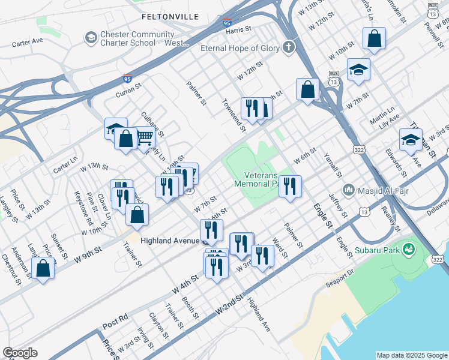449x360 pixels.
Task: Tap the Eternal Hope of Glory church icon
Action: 289,47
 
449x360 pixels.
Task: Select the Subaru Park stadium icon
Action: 409,248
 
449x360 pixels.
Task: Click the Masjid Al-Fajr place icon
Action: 349,190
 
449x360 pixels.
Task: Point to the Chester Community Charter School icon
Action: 91,38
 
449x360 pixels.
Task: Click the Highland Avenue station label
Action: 170,240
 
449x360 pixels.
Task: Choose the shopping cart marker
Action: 145,137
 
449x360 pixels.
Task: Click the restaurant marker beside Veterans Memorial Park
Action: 290,186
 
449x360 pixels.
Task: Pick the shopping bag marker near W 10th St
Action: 374,39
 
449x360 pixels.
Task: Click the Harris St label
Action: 238,30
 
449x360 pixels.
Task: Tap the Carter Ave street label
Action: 28,42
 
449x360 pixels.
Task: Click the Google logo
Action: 20,353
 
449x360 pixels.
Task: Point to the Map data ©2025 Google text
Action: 411,355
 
